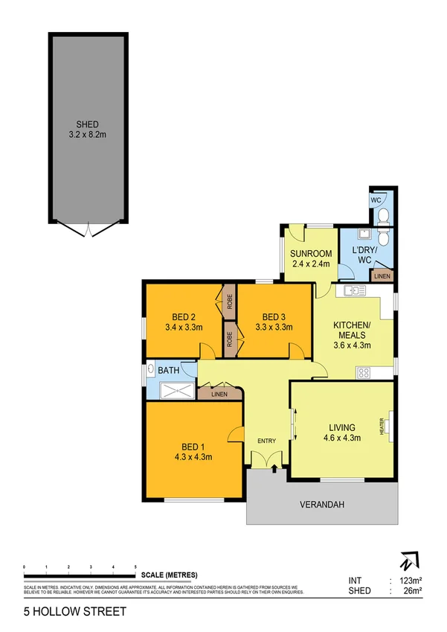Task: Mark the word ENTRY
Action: pyautogui.click(x=266, y=441)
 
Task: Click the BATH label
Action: pyautogui.click(x=167, y=368)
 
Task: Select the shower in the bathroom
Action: pyautogui.click(x=172, y=388)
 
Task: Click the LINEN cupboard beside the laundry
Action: pyautogui.click(x=382, y=276)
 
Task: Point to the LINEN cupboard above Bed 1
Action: pyautogui.click(x=219, y=393)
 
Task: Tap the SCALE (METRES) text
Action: pyautogui.click(x=166, y=575)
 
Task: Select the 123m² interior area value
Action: pyautogui.click(x=411, y=580)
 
